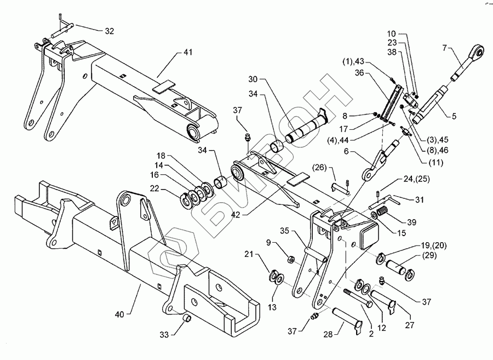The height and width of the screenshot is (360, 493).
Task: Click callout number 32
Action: click(x=109, y=31)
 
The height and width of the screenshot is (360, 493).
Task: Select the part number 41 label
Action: click(x=188, y=53)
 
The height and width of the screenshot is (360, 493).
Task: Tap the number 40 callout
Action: click(x=119, y=314)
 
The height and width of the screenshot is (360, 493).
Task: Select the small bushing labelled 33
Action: click(x=187, y=319)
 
